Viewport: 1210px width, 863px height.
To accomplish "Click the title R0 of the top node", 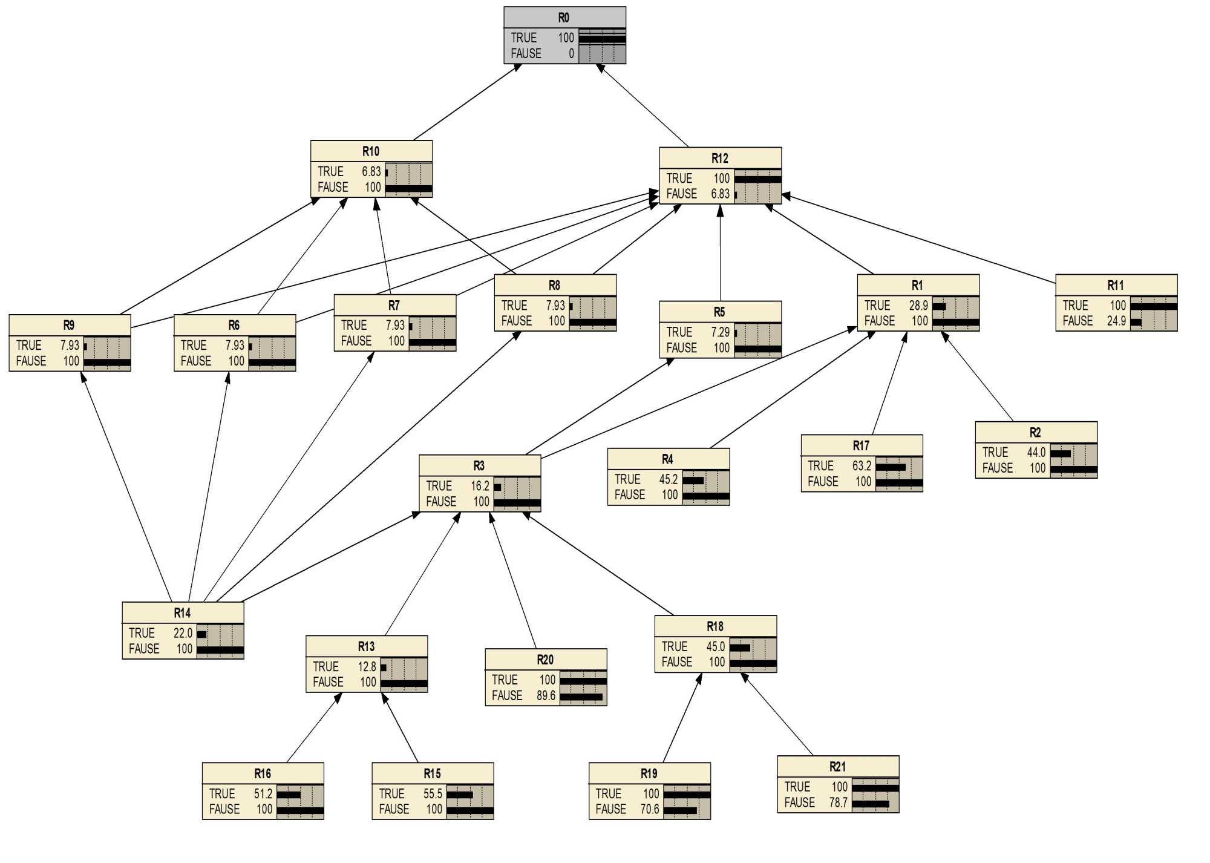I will pos(563,18).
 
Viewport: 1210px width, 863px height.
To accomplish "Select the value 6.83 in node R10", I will pos(371,171).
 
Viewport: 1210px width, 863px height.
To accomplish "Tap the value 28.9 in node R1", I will pos(918,306).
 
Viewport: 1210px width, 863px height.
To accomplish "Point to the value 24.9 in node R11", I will pos(1116,321).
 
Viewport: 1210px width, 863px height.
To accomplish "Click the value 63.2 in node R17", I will pos(862,465).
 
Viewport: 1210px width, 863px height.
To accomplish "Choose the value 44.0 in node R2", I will pos(1036,452).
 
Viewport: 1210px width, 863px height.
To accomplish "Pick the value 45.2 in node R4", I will pos(668,479).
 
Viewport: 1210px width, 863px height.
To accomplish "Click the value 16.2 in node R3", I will pos(480,486).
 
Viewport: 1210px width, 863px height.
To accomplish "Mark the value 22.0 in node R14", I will pos(183,633).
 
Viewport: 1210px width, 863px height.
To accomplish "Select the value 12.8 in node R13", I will pos(367,666).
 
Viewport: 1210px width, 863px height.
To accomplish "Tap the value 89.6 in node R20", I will pos(546,695).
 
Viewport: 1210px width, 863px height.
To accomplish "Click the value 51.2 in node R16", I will pos(263,793).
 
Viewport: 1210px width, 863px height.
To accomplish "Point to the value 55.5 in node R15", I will pos(433,793).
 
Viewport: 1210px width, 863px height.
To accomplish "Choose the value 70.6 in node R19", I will pos(649,809).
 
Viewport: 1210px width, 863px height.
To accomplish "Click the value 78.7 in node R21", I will pos(838,802).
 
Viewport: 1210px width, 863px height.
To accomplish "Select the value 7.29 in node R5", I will pos(720,332).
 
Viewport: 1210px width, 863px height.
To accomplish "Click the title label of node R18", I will pos(715,626).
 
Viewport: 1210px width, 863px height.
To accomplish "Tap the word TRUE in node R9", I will pos(28,345).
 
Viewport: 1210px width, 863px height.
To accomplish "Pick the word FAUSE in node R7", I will pos(356,341).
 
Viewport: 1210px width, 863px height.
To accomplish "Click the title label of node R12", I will pos(719,158).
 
